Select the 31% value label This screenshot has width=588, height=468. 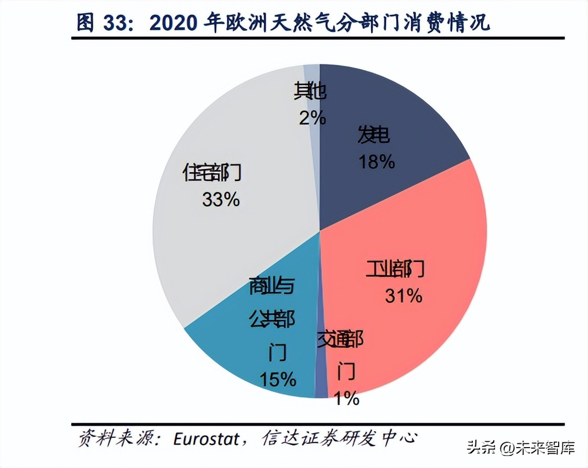click(x=404, y=296)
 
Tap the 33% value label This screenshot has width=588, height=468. click(x=220, y=199)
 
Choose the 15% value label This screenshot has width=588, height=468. click(x=278, y=379)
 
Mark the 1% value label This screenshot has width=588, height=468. click(x=346, y=399)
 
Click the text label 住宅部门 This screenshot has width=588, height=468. click(x=212, y=172)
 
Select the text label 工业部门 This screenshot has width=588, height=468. click(x=395, y=269)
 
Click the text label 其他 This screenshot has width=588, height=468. click(x=310, y=92)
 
